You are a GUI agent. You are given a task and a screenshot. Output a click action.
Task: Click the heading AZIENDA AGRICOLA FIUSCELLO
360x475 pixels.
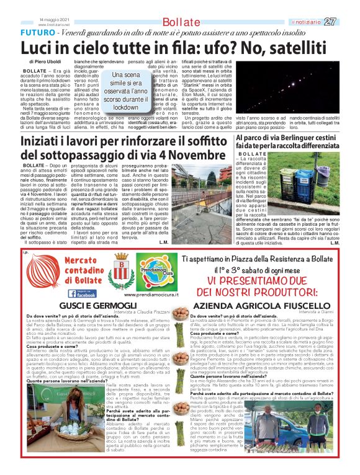pyautogui.click(x=263, y=306)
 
